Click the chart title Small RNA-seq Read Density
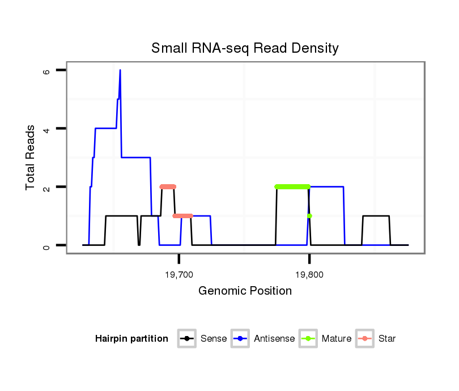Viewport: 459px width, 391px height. coord(245,48)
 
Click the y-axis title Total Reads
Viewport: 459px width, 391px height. coord(32,158)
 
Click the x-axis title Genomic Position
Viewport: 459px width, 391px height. coord(245,291)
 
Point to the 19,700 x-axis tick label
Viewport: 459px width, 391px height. coord(178,274)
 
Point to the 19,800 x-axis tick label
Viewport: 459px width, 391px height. coord(309,274)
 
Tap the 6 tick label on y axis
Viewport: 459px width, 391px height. coord(46,71)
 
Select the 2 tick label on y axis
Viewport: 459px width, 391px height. coord(46,187)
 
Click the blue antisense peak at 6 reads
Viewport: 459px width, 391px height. coord(120,71)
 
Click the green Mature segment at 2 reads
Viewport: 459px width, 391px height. coord(292,186)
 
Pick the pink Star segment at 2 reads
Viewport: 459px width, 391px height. coord(168,186)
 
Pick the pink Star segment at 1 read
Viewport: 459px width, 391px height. coord(182,216)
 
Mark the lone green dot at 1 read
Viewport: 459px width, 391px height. coord(309,216)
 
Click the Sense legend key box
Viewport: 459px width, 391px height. coord(187,339)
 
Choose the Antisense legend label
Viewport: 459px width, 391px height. coord(274,339)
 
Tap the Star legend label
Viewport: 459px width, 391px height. coord(387,339)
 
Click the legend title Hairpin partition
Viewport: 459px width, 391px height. coord(131,339)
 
